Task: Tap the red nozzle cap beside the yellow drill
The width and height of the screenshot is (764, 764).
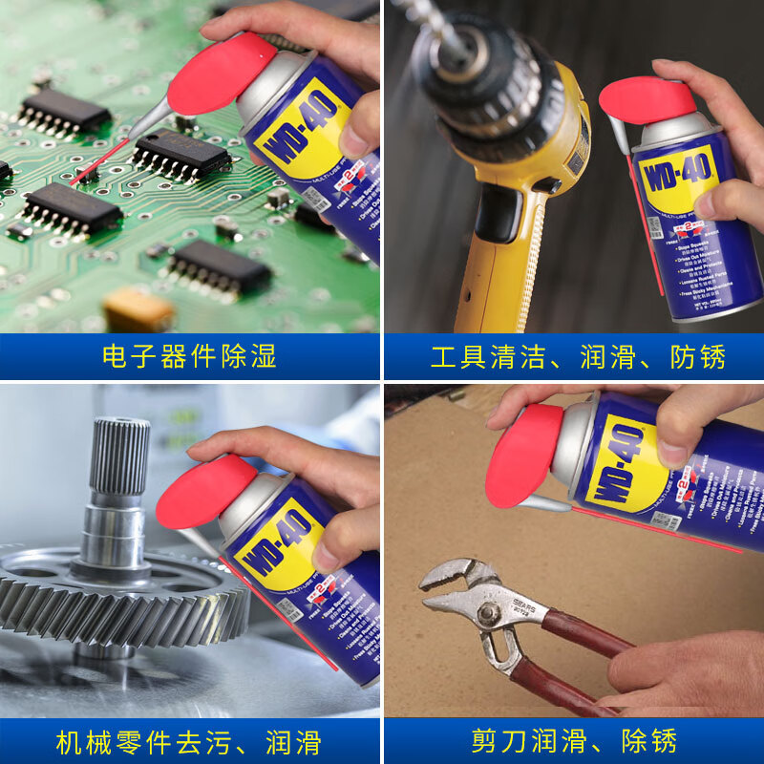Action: (647, 101)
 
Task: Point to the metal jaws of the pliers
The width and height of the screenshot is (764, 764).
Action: (458, 587)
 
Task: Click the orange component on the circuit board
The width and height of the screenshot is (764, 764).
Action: (138, 309)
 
